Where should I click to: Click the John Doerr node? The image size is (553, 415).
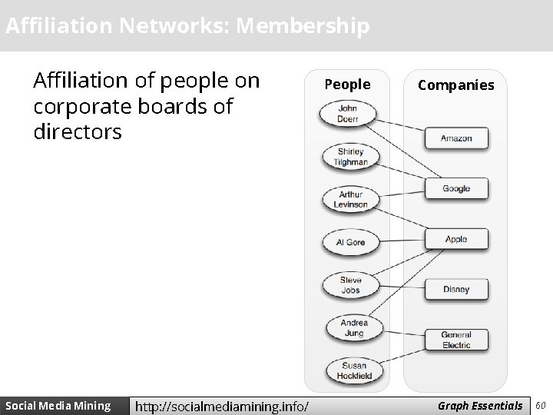pyautogui.click(x=348, y=115)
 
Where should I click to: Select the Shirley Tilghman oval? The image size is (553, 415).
pyautogui.click(x=351, y=157)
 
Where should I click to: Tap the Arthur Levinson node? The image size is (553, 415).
pyautogui.click(x=350, y=200)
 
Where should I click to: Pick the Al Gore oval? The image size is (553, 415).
pyautogui.click(x=350, y=242)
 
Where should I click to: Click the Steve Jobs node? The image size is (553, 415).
pyautogui.click(x=350, y=285)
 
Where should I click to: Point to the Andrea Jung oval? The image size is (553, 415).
pyautogui.click(x=353, y=328)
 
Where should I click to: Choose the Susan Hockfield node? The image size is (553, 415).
pyautogui.click(x=353, y=370)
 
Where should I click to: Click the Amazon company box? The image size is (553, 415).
pyautogui.click(x=456, y=138)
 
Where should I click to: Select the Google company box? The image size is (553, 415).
pyautogui.click(x=456, y=189)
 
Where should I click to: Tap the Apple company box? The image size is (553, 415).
pyautogui.click(x=456, y=240)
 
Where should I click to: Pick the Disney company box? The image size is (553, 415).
pyautogui.click(x=456, y=290)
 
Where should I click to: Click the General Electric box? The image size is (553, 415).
pyautogui.click(x=456, y=340)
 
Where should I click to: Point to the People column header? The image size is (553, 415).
pyautogui.click(x=347, y=85)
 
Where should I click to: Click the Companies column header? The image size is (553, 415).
pyautogui.click(x=456, y=85)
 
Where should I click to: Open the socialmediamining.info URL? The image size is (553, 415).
pyautogui.click(x=222, y=406)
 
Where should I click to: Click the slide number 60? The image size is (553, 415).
pyautogui.click(x=541, y=405)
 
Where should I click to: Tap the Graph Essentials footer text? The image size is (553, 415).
pyautogui.click(x=480, y=405)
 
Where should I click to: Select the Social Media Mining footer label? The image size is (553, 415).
pyautogui.click(x=58, y=405)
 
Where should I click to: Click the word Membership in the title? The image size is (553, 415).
pyautogui.click(x=303, y=26)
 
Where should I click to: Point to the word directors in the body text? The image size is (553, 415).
pyautogui.click(x=78, y=132)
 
